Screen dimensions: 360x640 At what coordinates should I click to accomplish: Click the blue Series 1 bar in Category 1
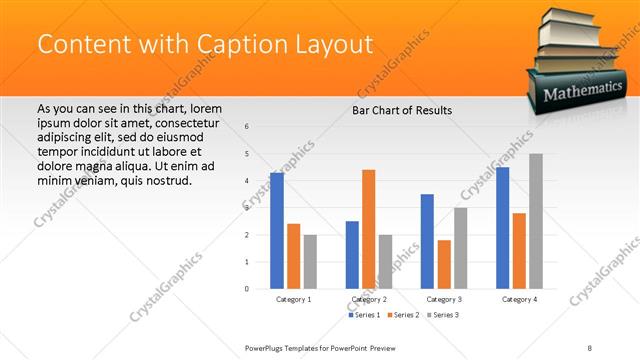click(277, 231)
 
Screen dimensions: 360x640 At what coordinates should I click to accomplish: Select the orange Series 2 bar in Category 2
click(368, 229)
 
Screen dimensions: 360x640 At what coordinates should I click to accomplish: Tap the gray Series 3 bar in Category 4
click(536, 221)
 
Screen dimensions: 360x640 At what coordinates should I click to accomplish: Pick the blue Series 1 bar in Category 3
click(427, 241)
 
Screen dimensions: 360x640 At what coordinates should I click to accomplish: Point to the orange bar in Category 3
click(444, 264)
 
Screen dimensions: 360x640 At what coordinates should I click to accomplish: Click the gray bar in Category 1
click(310, 262)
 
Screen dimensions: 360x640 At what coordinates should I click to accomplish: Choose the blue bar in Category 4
click(502, 228)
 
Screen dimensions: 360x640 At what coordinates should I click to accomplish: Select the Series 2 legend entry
click(403, 315)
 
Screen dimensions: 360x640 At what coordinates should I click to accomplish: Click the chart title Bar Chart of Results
click(402, 110)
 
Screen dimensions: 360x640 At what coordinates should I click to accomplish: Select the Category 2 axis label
click(369, 299)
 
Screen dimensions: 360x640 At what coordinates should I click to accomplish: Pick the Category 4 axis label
click(519, 299)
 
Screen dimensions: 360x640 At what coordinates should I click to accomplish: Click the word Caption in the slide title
click(222, 45)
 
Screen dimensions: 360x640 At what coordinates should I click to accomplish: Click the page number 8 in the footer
click(589, 347)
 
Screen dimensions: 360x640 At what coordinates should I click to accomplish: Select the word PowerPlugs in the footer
click(267, 347)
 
